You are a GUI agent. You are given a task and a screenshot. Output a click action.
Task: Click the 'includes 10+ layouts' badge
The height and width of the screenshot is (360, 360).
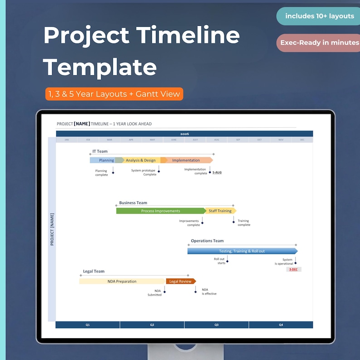pos(319,16)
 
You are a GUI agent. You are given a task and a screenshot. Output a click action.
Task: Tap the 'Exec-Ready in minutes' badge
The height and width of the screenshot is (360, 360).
pos(319,43)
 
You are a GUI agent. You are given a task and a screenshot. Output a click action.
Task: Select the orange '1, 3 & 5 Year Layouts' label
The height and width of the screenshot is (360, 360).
pos(114,94)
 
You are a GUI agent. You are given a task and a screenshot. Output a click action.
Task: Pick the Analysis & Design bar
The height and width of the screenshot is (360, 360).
pos(141,160)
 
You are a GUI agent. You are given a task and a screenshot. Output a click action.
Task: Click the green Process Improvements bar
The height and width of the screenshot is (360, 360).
pos(161,211)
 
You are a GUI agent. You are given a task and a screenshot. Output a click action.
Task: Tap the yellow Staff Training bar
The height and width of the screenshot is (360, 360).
pos(220,211)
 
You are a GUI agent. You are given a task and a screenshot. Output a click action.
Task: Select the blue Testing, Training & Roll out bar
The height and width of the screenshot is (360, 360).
pos(242,251)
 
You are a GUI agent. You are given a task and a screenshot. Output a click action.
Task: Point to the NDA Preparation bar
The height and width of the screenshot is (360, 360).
pos(122,281)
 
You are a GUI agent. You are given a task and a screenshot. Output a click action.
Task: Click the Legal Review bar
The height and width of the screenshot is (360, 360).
pos(180,281)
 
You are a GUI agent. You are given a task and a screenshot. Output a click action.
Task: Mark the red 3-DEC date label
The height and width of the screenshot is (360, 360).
pos(294,269)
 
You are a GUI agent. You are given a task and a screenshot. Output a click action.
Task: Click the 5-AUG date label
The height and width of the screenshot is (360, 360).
pos(217,172)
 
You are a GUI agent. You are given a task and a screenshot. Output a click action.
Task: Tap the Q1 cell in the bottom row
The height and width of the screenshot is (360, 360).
pos(88,325)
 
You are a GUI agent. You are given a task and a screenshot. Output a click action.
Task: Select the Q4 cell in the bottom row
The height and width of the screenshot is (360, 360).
pos(281,325)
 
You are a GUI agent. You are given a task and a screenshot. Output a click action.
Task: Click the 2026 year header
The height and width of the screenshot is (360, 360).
pos(184,134)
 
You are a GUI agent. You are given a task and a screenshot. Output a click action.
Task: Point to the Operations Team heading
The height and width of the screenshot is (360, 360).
pos(207,241)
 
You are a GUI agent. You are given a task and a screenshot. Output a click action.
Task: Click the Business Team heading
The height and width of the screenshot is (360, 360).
pos(133,203)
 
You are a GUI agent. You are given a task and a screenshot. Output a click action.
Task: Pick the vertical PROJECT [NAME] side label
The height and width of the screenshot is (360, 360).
pos(52,229)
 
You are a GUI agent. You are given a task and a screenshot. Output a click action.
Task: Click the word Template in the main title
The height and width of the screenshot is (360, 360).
pos(100,67)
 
